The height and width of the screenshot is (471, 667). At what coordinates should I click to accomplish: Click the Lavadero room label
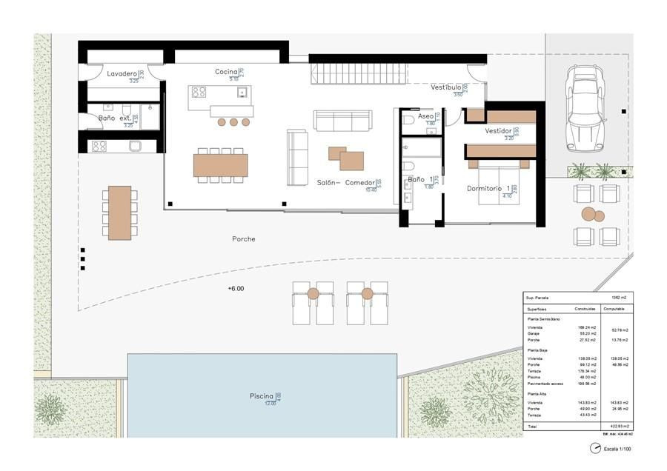[122, 74]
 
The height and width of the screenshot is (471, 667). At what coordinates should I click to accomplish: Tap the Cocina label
[226, 71]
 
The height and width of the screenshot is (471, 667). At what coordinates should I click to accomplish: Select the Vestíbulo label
[446, 87]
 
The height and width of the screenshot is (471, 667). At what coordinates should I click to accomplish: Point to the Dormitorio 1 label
[488, 189]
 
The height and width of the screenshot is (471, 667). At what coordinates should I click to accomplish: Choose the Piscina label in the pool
[262, 397]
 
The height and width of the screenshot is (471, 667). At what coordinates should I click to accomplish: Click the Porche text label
[243, 239]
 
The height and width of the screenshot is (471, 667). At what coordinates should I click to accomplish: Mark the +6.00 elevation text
[236, 289]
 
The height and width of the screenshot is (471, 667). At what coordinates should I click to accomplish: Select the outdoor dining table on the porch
[119, 213]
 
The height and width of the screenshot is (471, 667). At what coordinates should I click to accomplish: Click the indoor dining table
[220, 164]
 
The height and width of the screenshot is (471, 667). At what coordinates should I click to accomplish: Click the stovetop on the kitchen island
[199, 93]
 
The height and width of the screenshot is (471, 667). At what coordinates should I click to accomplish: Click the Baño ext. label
[115, 118]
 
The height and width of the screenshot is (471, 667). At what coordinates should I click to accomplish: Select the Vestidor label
[498, 131]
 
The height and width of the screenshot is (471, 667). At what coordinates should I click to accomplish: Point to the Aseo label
[425, 116]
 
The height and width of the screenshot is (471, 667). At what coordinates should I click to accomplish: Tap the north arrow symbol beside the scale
[594, 448]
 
